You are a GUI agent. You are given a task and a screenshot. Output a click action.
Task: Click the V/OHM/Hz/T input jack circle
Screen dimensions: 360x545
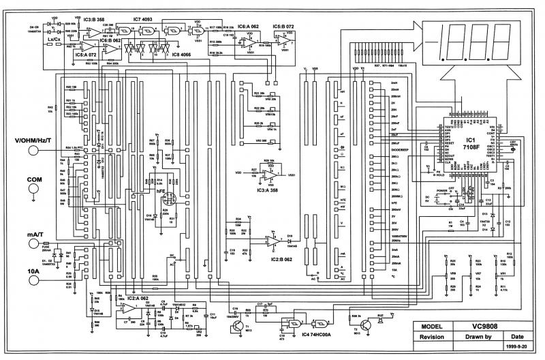[31, 155]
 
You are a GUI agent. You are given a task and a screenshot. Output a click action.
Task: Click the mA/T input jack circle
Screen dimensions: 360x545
[31, 246]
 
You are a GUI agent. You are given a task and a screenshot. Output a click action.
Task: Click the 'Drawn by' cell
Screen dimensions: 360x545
[479, 336]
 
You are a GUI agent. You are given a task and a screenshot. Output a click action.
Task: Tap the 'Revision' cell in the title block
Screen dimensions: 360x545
[434, 336]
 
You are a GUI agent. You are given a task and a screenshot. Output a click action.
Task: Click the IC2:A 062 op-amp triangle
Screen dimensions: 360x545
[127, 307]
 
